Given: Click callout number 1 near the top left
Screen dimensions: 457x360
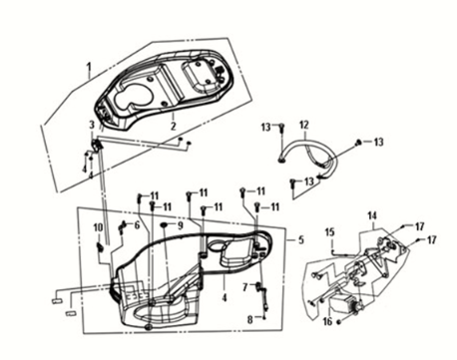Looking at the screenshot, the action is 89,68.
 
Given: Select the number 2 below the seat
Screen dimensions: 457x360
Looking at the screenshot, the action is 173,127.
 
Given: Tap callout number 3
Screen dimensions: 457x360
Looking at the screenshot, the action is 92,126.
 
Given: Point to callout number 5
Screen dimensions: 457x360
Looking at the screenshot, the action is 301,239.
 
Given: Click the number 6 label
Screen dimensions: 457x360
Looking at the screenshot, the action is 137,225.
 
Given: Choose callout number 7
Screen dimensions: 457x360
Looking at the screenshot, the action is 245,286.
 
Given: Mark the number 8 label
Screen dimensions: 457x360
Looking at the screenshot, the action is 250,320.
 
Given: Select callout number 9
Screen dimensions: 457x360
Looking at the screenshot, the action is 180,225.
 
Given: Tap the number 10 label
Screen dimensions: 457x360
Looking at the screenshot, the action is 98,228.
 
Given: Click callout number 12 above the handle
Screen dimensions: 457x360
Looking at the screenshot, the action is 304,126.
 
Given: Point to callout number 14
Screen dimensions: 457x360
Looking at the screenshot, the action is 372,215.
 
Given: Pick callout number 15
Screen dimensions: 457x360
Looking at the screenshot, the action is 329,232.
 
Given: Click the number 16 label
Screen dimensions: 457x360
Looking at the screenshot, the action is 327,321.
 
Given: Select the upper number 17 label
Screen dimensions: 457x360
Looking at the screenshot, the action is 419,226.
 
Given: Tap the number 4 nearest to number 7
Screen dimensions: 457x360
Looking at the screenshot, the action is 225,297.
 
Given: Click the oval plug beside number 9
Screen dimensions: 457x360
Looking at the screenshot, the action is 165,225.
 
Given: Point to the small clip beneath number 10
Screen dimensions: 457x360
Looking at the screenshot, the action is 100,246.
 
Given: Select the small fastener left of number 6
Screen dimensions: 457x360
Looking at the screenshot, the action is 122,226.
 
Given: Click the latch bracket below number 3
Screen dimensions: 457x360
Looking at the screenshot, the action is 96,146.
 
